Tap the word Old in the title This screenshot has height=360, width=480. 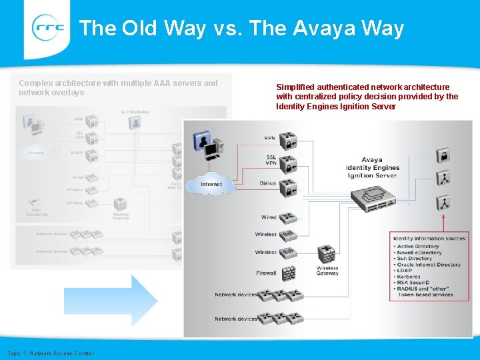coord(139,29)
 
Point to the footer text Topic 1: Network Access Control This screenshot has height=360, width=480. coord(51,353)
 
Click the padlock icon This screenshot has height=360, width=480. coord(443,156)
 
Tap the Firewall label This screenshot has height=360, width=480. coord(266,273)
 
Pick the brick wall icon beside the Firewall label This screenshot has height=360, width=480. coord(288,273)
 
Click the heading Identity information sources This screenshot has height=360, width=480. coord(430,238)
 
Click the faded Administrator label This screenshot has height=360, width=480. coord(135,111)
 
